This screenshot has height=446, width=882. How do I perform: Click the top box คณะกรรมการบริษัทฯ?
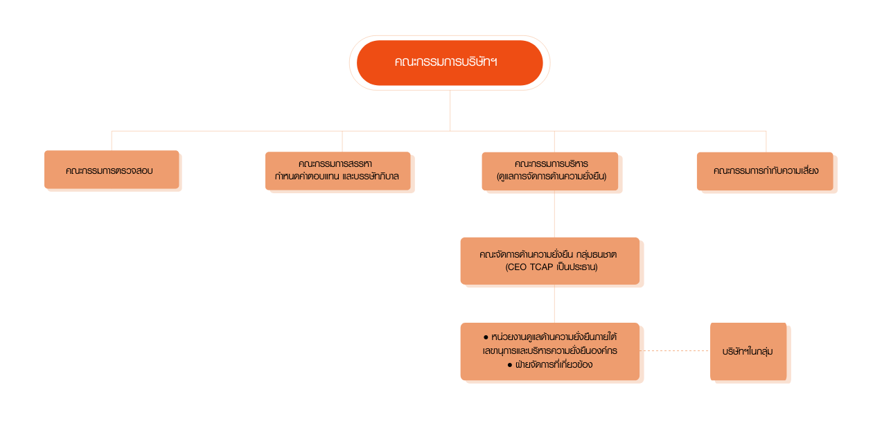click(449, 62)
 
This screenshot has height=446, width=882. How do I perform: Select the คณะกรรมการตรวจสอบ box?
click(112, 171)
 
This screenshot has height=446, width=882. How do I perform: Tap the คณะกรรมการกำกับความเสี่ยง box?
click(766, 171)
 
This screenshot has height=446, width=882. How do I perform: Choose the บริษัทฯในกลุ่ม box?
click(749, 352)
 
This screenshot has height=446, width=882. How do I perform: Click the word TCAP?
click(542, 267)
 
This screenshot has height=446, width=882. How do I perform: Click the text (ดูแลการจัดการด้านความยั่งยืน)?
click(552, 177)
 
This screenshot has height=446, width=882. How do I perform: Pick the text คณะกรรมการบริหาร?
click(552, 164)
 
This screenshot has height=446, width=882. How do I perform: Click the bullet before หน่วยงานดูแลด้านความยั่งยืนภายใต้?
click(486, 337)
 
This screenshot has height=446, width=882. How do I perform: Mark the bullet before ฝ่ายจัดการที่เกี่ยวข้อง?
click(510, 364)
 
